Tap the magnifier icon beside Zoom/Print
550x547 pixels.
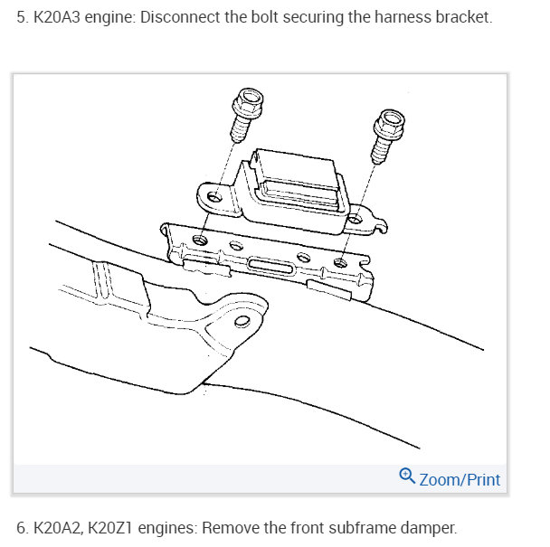407,476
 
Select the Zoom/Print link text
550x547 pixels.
460,479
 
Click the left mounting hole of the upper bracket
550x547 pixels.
213,197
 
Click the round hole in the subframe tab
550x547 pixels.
242,321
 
